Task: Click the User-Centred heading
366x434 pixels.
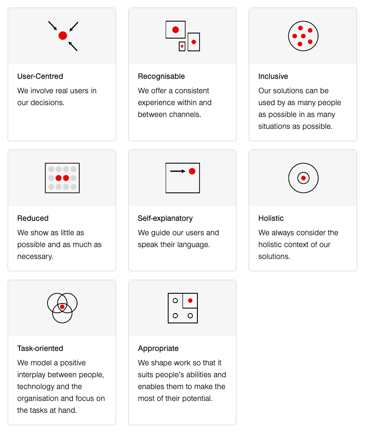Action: click(x=40, y=76)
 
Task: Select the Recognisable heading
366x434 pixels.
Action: click(x=161, y=76)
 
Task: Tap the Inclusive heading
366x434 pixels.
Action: click(x=273, y=76)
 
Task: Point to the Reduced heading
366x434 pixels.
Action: click(x=33, y=218)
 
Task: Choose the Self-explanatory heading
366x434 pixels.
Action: click(x=165, y=218)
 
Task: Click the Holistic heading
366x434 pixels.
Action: click(x=271, y=218)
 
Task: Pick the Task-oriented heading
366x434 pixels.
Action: click(x=40, y=348)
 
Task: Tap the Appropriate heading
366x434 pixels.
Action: click(x=158, y=348)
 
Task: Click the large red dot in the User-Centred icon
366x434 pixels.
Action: click(x=63, y=36)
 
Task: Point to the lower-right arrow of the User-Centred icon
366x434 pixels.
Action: click(x=73, y=46)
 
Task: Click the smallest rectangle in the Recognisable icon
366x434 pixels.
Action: click(x=182, y=46)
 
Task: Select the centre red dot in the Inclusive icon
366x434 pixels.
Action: click(x=303, y=36)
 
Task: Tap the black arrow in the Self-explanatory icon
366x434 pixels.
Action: click(x=177, y=171)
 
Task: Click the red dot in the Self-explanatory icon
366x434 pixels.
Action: click(x=192, y=171)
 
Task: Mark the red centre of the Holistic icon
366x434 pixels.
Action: click(x=303, y=178)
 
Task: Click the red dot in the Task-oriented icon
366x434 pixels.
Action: click(x=62, y=307)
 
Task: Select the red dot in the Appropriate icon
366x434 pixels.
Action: click(x=190, y=300)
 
